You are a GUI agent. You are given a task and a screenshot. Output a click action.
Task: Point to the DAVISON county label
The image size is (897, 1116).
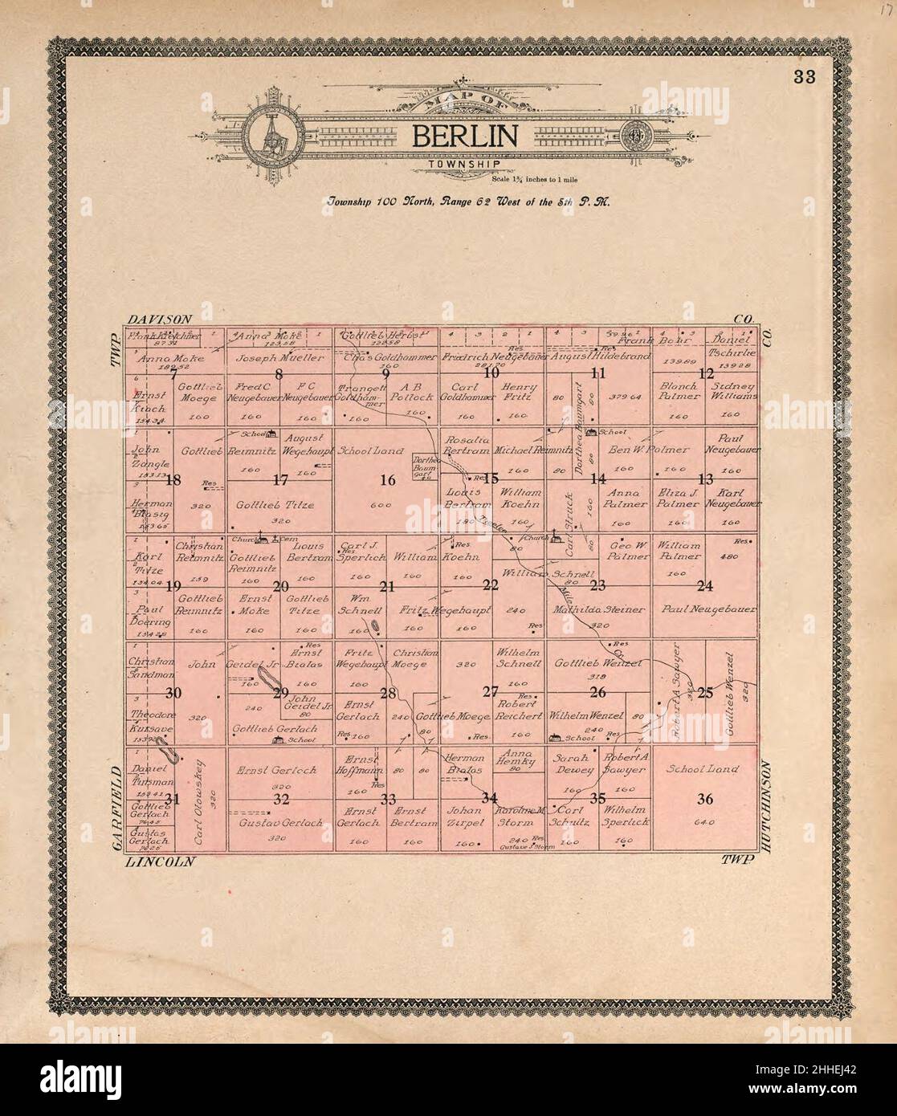pyautogui.click(x=158, y=320)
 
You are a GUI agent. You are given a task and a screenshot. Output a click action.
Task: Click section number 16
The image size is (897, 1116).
pyautogui.click(x=388, y=480)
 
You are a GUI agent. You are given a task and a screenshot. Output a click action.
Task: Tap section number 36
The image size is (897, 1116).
pyautogui.click(x=704, y=798)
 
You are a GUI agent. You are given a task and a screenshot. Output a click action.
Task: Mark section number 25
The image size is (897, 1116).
pyautogui.click(x=704, y=694)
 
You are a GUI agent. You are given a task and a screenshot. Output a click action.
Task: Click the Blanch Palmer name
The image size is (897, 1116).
pyautogui.click(x=678, y=391)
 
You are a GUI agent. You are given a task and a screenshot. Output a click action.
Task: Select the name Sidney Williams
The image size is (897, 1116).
pyautogui.click(x=731, y=391)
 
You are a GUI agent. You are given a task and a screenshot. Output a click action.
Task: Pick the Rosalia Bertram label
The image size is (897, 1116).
pyautogui.click(x=467, y=445)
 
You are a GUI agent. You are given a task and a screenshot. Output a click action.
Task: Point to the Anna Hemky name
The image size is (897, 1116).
pyautogui.click(x=517, y=758)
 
